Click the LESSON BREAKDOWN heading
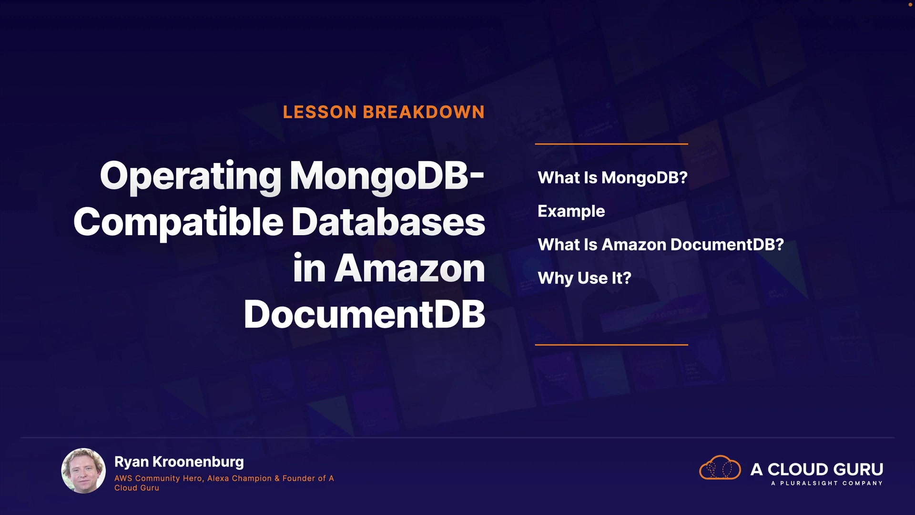384,112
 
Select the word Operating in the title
191,177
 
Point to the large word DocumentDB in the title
365,314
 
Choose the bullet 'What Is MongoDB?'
612,178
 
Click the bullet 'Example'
571,212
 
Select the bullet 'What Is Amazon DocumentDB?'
661,245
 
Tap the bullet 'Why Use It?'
584,278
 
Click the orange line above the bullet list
611,144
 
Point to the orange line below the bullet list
611,344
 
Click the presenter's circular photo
83,471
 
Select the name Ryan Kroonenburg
179,462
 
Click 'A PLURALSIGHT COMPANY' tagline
827,483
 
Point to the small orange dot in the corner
910,4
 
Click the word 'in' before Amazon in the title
309,268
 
